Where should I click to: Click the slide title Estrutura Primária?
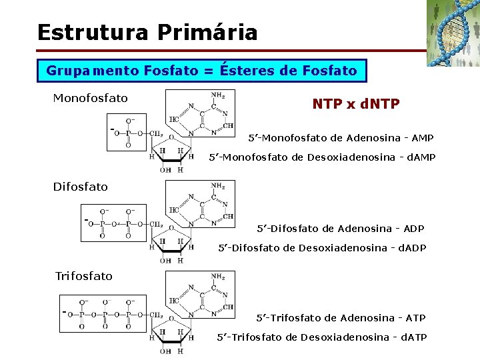point(147,32)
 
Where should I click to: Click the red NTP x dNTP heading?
point(355,104)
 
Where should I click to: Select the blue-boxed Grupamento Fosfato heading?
point(202,70)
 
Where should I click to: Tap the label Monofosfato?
point(90,99)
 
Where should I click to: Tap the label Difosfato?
point(80,187)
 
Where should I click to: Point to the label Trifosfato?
point(83,276)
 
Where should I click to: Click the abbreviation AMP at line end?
point(422,138)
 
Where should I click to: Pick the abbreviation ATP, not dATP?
point(415,318)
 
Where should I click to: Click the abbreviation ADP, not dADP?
point(413,229)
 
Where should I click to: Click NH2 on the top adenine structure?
point(217,95)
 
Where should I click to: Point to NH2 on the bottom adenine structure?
point(217,276)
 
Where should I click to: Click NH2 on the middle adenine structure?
point(217,185)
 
